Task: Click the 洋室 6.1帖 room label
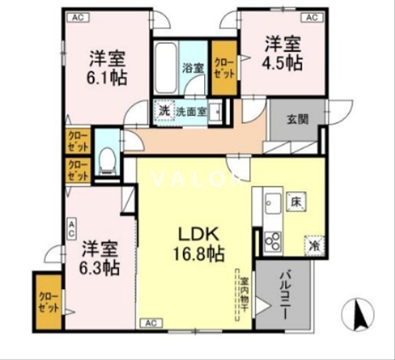[108, 67]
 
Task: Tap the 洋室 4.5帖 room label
[284, 53]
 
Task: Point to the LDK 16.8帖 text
[196, 242]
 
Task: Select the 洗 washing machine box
[164, 111]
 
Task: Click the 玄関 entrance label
[297, 119]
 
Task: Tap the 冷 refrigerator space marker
[313, 245]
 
